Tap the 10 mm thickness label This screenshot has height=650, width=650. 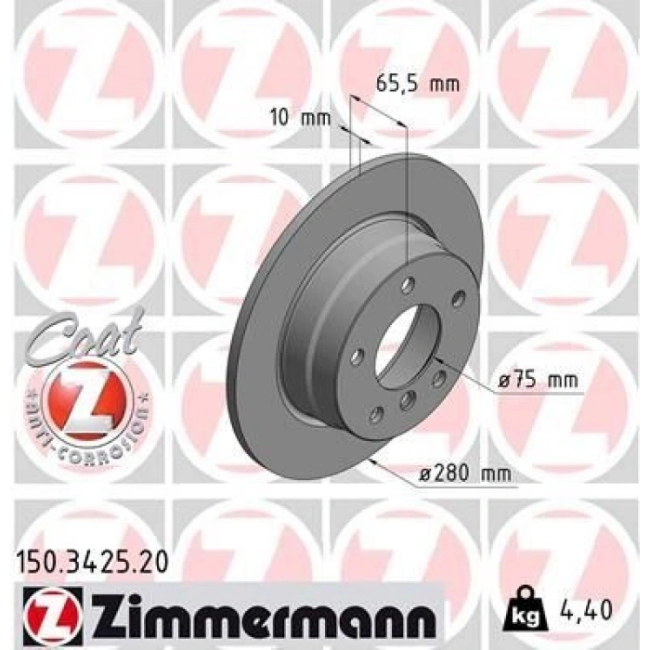click(300, 118)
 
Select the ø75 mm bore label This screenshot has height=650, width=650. click(538, 381)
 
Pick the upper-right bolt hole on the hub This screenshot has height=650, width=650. click(457, 299)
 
